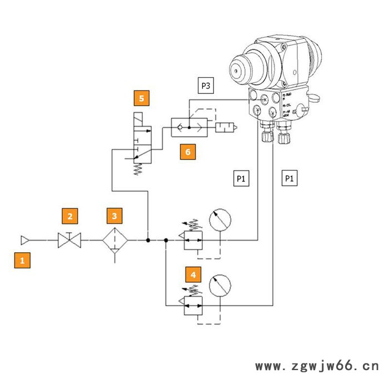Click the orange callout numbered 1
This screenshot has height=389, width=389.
tap(22, 260)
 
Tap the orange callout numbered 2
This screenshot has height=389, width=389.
tap(69, 216)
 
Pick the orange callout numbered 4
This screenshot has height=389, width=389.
tap(193, 275)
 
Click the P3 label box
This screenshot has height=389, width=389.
tap(206, 86)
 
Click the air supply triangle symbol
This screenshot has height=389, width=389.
tap(24, 240)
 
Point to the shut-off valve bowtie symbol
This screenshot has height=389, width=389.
tap(69, 241)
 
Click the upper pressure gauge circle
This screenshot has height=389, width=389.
tap(220, 221)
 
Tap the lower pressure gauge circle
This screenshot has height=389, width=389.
tap(220, 286)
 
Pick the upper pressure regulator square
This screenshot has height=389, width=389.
tap(192, 240)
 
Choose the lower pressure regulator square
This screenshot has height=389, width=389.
tap(192, 305)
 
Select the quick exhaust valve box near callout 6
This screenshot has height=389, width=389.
tap(189, 127)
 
